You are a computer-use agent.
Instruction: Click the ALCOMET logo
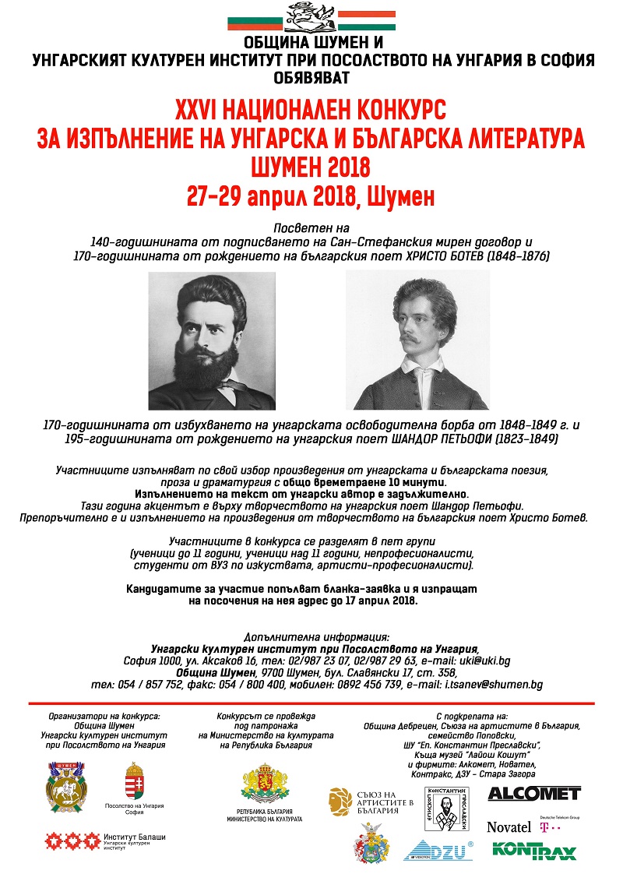point(534,794)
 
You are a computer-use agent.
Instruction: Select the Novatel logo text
point(509,826)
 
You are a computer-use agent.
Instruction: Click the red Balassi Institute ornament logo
point(73,841)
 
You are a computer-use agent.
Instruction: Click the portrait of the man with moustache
point(417,341)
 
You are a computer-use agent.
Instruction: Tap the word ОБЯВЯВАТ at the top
point(311,77)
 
